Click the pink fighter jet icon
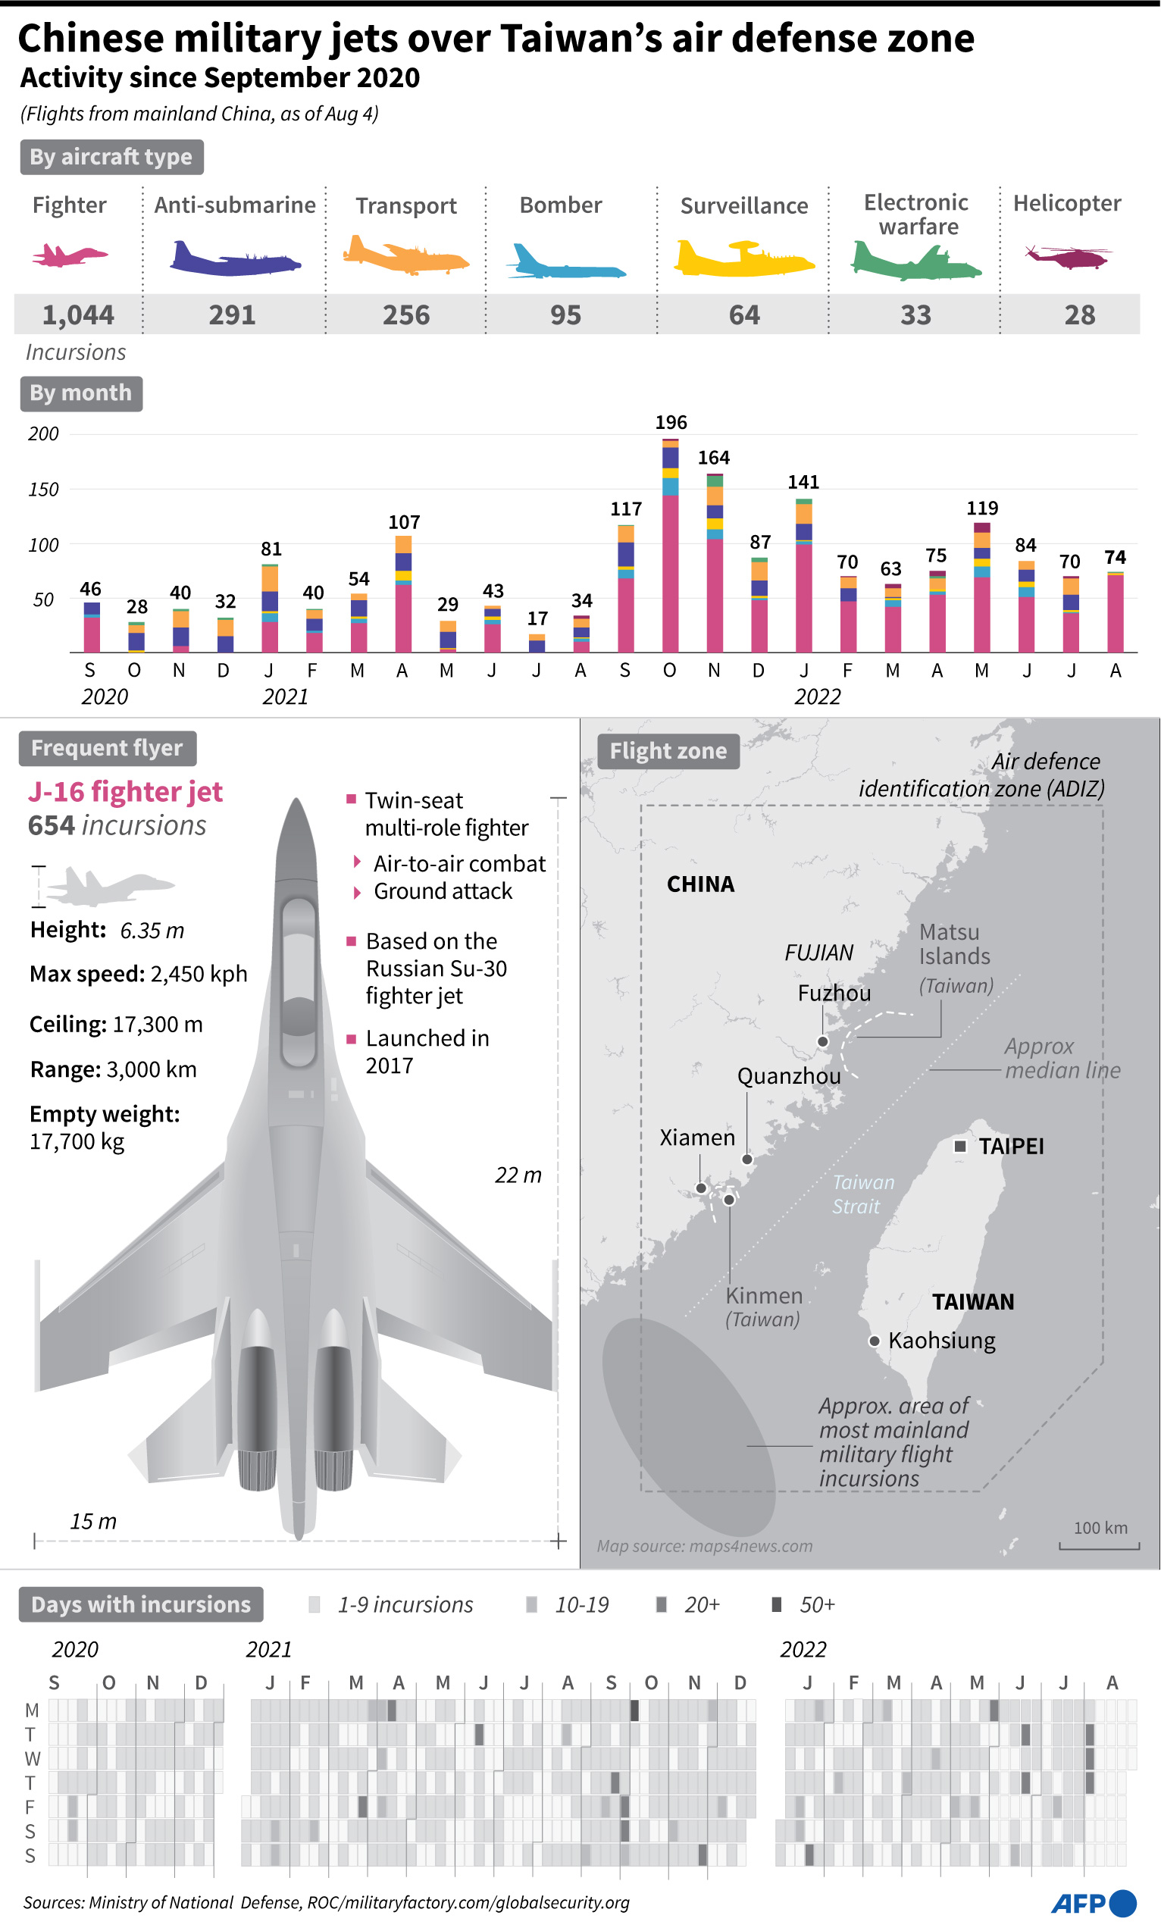(x=69, y=255)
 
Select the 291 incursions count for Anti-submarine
(x=233, y=315)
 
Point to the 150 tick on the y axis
(x=44, y=490)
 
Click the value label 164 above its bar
(x=713, y=458)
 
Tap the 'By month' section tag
(x=81, y=393)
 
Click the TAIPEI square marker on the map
(x=961, y=1146)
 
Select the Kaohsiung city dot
(x=875, y=1341)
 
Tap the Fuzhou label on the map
(x=834, y=993)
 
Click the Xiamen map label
(x=697, y=1137)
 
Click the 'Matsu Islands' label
(x=954, y=944)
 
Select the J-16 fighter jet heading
(x=125, y=792)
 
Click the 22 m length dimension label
(x=518, y=1175)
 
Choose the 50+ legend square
(x=777, y=1604)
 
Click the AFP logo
(x=1093, y=1903)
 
